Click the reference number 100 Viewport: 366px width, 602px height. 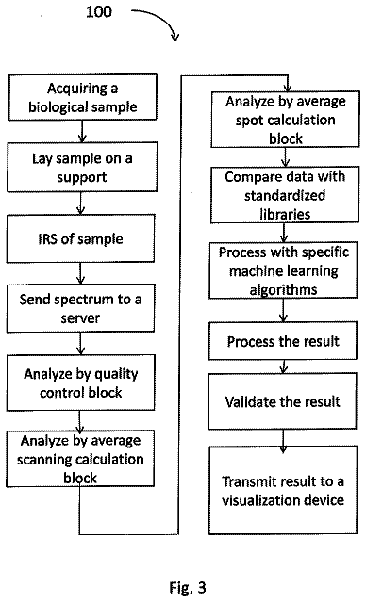99,11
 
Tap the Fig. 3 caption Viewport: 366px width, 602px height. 187,587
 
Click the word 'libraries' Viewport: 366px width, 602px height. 285,214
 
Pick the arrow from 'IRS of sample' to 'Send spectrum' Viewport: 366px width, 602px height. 80,273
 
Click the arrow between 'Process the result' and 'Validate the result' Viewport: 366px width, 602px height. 283,366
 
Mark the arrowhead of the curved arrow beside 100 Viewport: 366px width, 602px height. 175,38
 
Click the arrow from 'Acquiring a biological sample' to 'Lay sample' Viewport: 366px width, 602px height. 82,131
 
